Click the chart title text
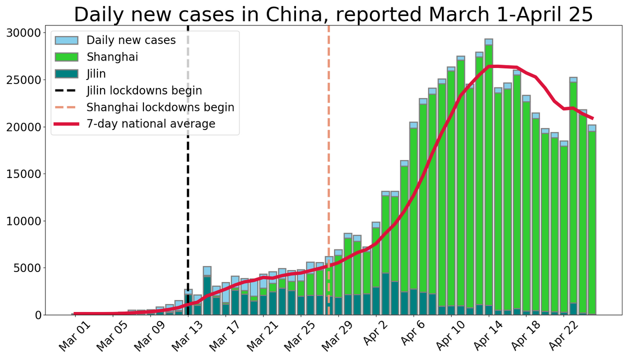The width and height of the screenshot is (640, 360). tap(333, 14)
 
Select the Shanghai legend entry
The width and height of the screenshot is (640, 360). tap(112, 57)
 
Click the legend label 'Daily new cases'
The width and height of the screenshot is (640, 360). tap(131, 40)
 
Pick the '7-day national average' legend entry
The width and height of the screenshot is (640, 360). tap(150, 123)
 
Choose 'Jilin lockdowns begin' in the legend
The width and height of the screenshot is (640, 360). tap(144, 90)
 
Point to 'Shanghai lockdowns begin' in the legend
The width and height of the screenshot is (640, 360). tap(160, 107)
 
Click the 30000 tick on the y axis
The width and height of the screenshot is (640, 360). tap(24, 33)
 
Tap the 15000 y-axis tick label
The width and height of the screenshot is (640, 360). tap(24, 174)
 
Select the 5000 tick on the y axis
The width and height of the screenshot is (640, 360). tap(27, 268)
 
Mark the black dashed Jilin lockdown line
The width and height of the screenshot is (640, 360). tap(188, 200)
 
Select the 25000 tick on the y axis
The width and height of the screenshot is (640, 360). tap(24, 80)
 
